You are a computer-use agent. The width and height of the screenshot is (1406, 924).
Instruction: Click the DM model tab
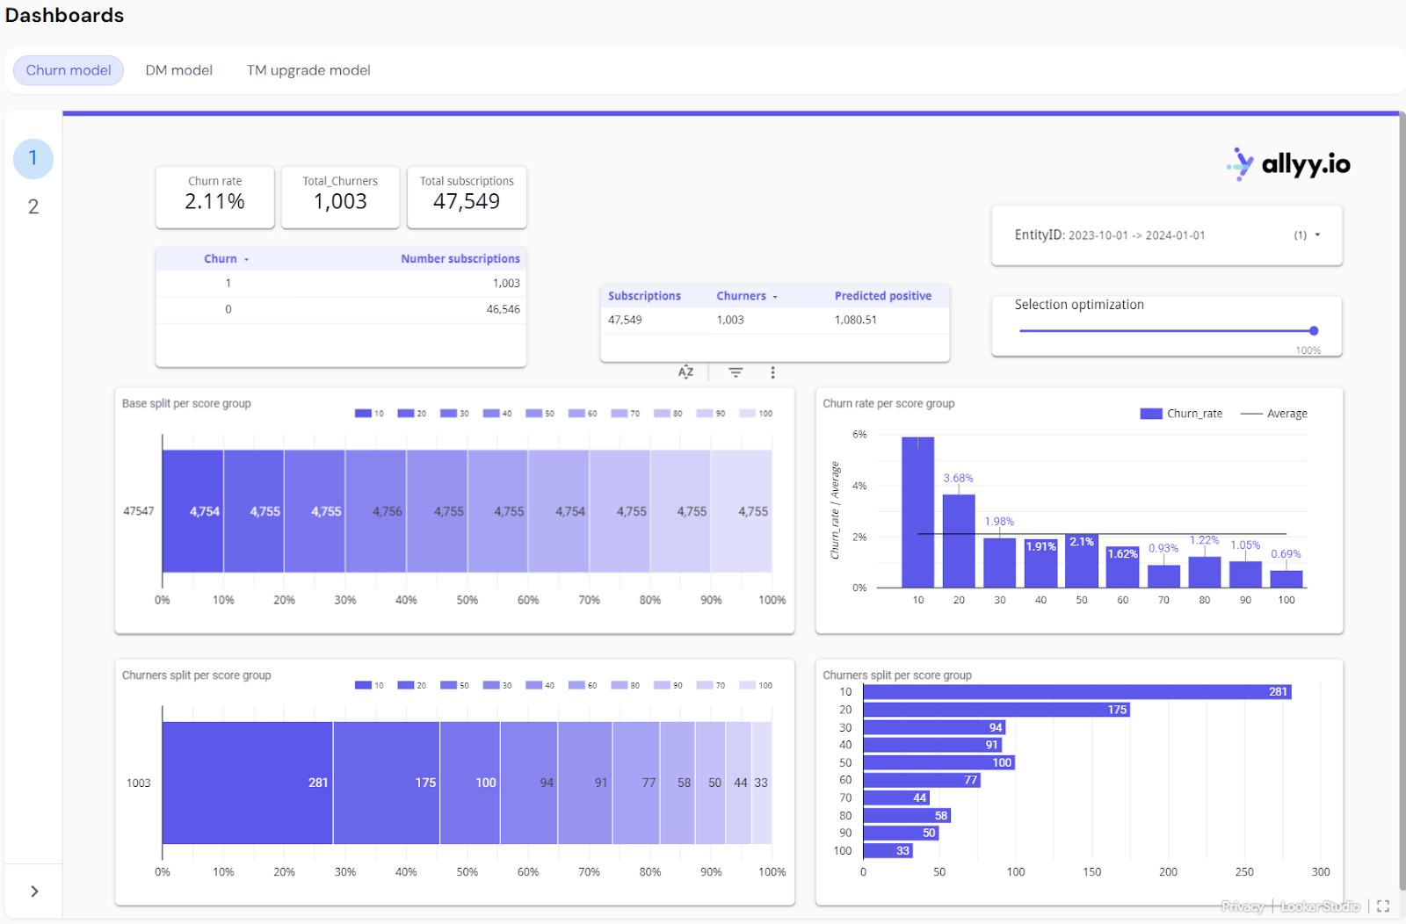point(178,70)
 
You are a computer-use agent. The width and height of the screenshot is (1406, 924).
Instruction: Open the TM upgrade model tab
point(308,70)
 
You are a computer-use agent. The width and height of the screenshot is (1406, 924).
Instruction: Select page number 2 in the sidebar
point(33,206)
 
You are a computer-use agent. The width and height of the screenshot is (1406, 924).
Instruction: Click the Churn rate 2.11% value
point(214,202)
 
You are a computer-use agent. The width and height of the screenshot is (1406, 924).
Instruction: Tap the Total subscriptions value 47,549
point(467,202)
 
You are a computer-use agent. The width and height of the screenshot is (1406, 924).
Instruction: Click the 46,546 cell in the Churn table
point(503,309)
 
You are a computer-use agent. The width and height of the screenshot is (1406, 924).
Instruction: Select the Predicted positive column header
point(882,296)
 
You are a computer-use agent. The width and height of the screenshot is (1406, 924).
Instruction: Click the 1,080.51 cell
point(855,320)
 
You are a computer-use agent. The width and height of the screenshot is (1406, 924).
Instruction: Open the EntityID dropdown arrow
point(1317,235)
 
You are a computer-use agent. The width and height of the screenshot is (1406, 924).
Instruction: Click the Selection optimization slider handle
point(1314,331)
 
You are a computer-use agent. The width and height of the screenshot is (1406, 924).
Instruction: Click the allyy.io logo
point(1289,164)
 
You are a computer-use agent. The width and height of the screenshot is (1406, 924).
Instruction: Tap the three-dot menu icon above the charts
point(772,372)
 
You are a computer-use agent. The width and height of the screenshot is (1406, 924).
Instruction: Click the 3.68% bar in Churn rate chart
point(959,540)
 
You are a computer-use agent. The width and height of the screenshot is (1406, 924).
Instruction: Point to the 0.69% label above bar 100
point(1286,554)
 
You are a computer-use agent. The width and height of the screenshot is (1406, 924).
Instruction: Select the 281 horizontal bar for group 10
point(1076,692)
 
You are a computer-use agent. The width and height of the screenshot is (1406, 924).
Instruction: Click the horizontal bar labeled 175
point(996,710)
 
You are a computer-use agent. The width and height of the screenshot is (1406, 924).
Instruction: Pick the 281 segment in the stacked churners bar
point(247,783)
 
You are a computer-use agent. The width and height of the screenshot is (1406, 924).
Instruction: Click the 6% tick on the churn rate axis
point(859,435)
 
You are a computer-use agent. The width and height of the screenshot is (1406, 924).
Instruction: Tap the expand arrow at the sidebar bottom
point(34,892)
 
